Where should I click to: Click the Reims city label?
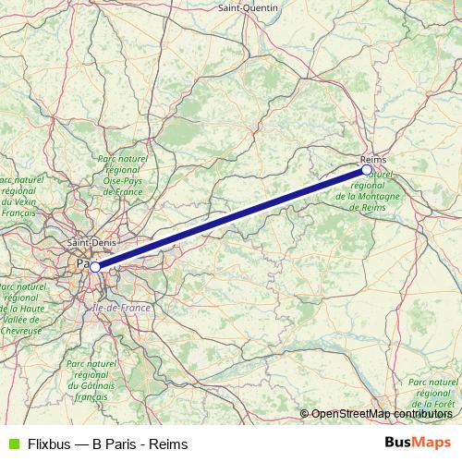coord(374,159)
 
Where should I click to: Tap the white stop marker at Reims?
coord(367,170)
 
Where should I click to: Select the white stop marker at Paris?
coord(95,266)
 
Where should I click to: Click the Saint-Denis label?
coord(91,243)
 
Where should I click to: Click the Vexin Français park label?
coord(18,196)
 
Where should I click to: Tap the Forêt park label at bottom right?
coord(433,393)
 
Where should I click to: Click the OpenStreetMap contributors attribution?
coord(383,414)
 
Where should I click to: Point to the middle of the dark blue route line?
coord(231,218)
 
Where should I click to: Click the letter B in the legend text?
coord(100,444)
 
